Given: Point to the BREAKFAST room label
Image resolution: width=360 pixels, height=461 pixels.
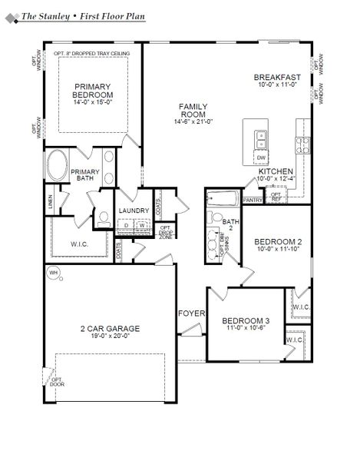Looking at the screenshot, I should [277, 77].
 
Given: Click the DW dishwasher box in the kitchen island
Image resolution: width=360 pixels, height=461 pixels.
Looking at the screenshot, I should [261, 157].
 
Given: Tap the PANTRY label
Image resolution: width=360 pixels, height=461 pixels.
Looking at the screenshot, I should [253, 200].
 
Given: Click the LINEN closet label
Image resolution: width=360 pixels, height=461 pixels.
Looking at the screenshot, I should [51, 202].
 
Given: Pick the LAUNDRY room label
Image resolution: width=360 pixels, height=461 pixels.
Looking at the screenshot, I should [134, 210].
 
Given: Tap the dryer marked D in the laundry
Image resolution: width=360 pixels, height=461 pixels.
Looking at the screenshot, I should [127, 225].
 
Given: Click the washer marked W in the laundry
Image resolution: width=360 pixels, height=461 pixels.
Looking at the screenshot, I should [141, 225].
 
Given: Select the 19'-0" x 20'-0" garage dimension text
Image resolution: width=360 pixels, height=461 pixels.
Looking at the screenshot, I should [110, 335].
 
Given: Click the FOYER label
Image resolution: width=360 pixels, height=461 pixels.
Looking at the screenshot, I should [190, 313].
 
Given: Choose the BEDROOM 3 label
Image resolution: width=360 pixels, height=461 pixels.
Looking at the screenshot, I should [246, 320].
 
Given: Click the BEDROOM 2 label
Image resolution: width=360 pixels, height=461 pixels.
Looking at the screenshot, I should [278, 241].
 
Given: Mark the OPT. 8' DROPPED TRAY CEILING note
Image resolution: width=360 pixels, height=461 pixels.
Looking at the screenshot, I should [92, 53].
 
